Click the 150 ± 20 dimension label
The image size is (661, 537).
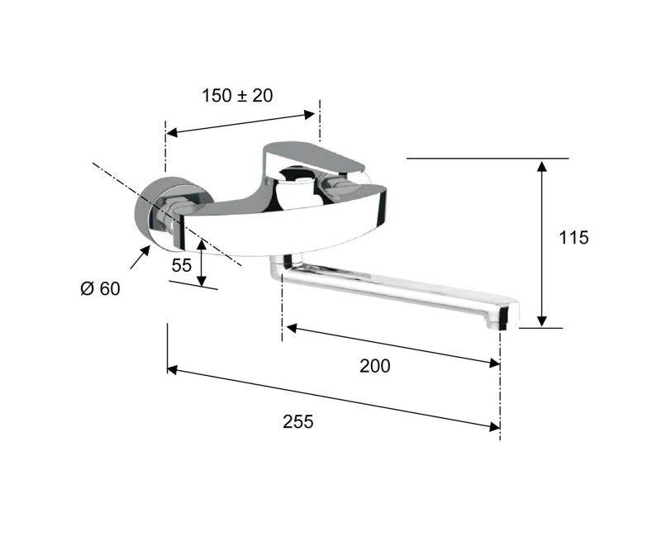(237, 96)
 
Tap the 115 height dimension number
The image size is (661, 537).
(573, 238)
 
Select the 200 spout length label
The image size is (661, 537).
(375, 366)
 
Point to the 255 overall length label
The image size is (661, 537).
(298, 421)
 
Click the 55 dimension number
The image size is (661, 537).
(182, 265)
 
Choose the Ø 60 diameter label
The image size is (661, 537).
(100, 288)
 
